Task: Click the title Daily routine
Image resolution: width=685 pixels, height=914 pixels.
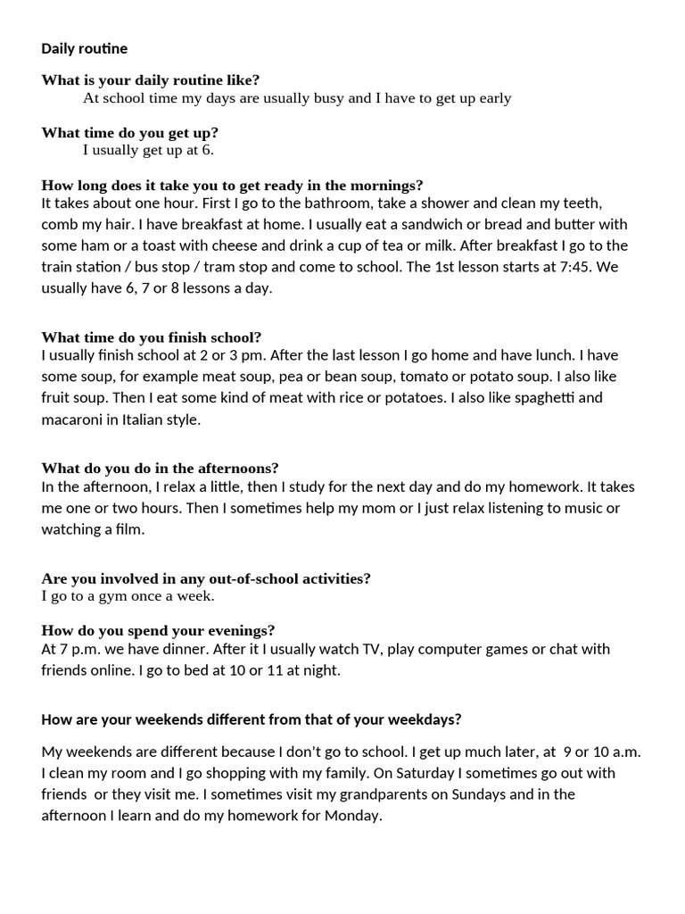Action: (x=84, y=48)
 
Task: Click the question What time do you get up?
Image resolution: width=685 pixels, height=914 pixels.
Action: (x=129, y=132)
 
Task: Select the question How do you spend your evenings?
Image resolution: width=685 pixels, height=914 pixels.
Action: (x=158, y=630)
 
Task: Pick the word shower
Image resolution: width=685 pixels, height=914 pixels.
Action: (x=362, y=203)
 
